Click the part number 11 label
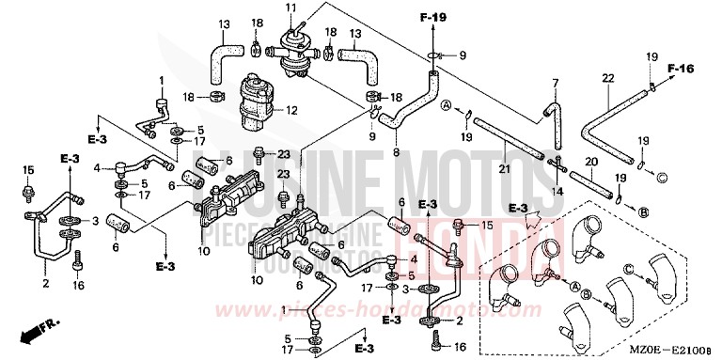(x=291, y=8)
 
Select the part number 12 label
(x=290, y=110)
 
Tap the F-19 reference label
(x=432, y=16)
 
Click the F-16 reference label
(x=683, y=68)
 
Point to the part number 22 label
(x=607, y=78)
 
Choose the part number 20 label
(x=591, y=162)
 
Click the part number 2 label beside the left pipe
(x=44, y=281)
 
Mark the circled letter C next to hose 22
(x=662, y=178)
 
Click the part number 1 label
(x=161, y=80)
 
